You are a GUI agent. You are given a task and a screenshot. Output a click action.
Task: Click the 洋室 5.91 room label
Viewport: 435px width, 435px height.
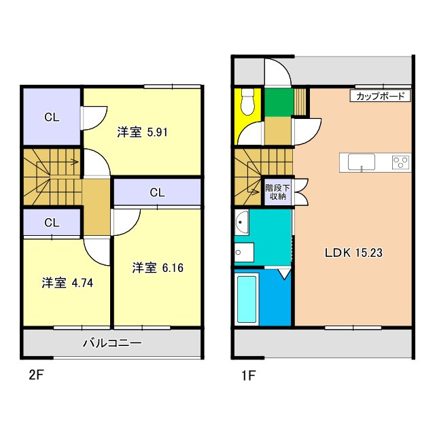(142, 133)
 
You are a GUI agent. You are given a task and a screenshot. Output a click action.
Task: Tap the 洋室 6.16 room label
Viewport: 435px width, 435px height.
(158, 268)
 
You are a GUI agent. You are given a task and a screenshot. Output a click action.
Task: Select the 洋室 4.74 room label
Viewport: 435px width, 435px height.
(67, 283)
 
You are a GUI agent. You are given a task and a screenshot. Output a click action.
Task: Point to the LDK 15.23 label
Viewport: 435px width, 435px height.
(353, 252)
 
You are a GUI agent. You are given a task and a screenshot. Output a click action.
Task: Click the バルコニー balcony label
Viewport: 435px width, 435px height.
(112, 343)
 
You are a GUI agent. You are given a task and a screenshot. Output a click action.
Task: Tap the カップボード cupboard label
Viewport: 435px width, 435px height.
(381, 97)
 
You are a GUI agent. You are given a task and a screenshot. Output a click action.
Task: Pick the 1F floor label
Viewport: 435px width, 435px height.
(247, 375)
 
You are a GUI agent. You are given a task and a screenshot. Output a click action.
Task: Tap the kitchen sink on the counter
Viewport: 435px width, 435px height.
(361, 162)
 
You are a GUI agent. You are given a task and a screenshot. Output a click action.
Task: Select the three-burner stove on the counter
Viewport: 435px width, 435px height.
(400, 162)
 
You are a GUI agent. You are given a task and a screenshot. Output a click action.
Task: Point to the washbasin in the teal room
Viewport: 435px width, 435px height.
(242, 222)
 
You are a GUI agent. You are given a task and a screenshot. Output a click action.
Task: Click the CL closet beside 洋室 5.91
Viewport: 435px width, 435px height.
(52, 117)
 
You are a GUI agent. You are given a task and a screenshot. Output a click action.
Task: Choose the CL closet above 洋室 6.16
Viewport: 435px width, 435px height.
(157, 192)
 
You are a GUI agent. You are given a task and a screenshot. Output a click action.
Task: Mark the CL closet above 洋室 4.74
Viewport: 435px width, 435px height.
(52, 222)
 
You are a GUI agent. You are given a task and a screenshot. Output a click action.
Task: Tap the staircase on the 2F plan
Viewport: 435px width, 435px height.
(52, 175)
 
